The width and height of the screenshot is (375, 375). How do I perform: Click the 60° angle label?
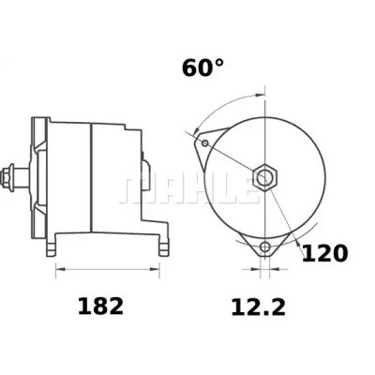pyautogui.click(x=202, y=67)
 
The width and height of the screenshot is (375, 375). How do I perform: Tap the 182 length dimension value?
pyautogui.click(x=100, y=307)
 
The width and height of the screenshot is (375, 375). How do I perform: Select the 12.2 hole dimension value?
pyautogui.click(x=258, y=307)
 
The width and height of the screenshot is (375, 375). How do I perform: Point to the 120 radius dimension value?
pyautogui.click(x=324, y=253)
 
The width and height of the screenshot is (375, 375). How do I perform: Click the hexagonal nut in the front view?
pyautogui.click(x=265, y=177)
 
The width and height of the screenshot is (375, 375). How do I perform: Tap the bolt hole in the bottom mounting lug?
pyautogui.click(x=265, y=247)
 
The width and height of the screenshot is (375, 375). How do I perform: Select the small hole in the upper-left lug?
pyautogui.click(x=205, y=143)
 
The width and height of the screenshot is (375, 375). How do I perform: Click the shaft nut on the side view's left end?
pyautogui.click(x=7, y=177)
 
